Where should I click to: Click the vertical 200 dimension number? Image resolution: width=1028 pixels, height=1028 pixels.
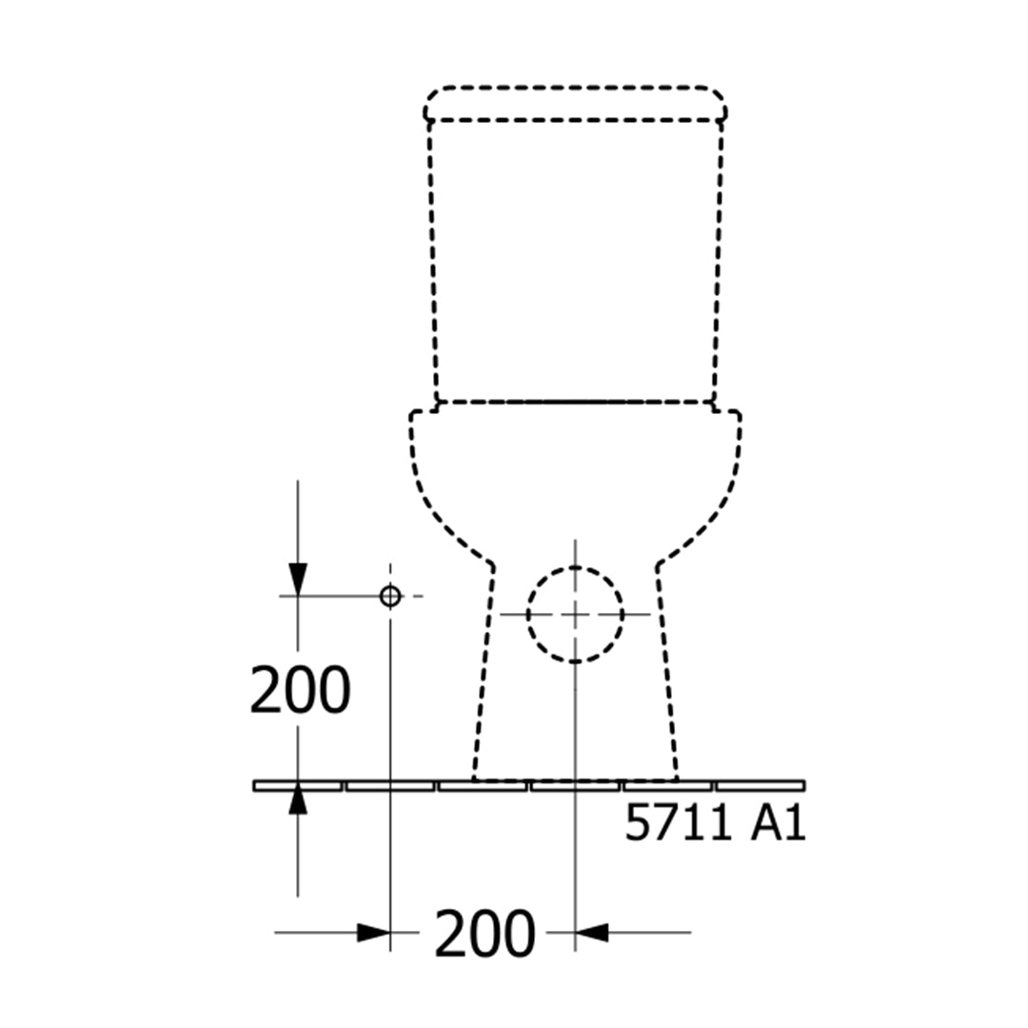(x=300, y=690)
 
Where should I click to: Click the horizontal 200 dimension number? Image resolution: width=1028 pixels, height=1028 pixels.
(x=485, y=934)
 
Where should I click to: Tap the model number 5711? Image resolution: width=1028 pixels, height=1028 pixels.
(x=678, y=822)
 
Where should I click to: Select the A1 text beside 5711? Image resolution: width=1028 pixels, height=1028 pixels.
(x=779, y=822)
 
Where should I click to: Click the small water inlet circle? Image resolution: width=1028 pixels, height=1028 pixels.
(x=391, y=597)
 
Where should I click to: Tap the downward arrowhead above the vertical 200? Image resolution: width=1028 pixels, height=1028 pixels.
(x=298, y=580)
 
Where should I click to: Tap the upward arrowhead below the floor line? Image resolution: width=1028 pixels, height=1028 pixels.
(x=298, y=798)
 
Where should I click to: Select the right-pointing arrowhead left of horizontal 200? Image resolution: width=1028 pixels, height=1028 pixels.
(x=374, y=932)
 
